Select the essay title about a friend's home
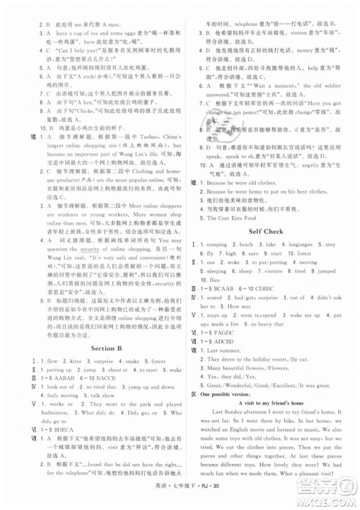[x=271, y=420]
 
